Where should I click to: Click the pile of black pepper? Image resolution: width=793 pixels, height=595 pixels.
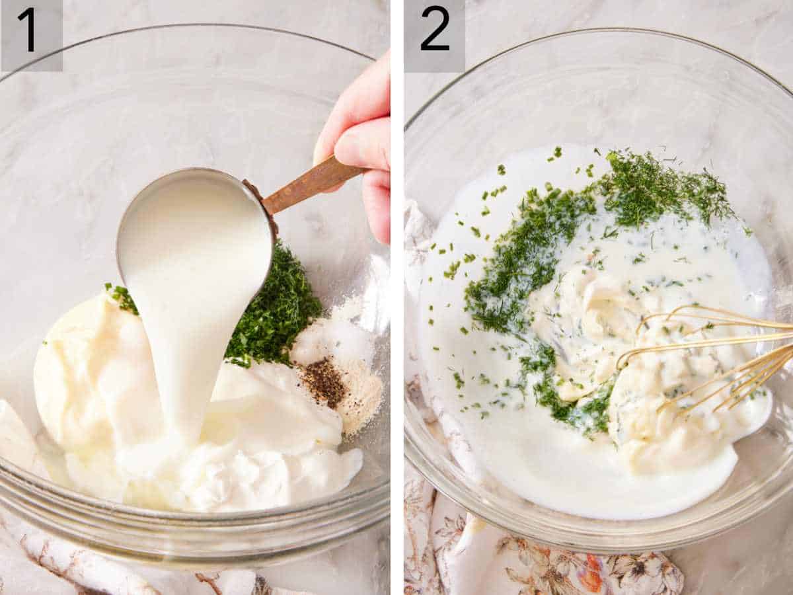(x=324, y=383)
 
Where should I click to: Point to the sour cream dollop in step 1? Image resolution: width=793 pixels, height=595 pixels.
(x=278, y=456)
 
